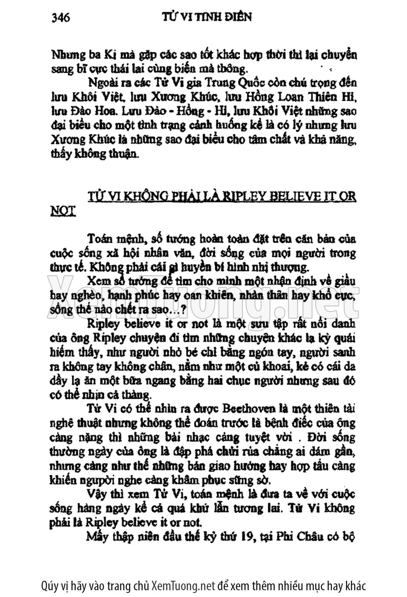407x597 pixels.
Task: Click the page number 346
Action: coord(60,18)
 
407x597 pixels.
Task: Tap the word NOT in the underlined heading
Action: coord(62,211)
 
